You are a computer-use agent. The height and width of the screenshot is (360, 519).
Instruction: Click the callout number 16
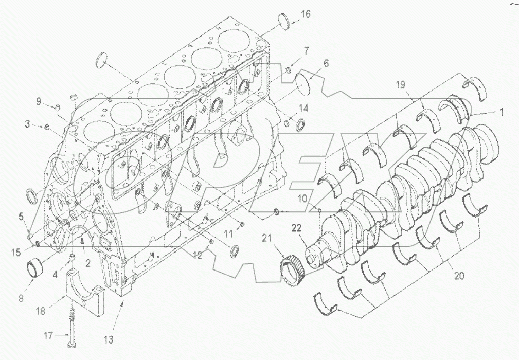coord(306,14)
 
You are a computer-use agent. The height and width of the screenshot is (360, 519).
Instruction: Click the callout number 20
coord(459,276)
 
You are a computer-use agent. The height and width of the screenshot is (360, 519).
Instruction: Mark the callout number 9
coord(38,101)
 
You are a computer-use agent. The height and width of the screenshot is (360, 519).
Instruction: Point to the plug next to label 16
coord(283,21)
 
